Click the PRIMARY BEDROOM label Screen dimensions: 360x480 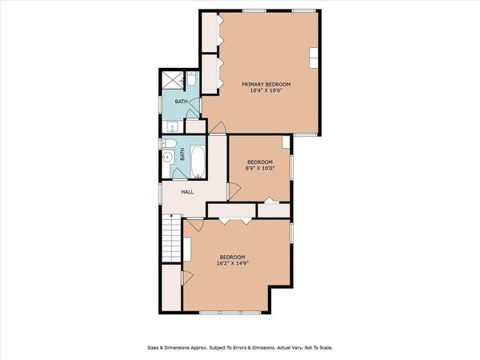[x=266, y=84]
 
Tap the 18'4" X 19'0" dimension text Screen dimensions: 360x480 [x=266, y=92]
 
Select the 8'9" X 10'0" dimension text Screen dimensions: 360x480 [x=260, y=168]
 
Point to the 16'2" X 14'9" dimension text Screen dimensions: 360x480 [x=231, y=263]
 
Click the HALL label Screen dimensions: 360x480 [x=187, y=192]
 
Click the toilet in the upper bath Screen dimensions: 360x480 [x=193, y=80]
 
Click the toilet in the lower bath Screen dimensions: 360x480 [x=169, y=145]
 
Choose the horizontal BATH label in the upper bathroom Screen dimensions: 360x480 [x=182, y=102]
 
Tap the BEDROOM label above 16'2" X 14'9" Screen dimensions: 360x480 [x=231, y=257]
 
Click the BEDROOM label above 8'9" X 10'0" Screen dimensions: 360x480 [x=260, y=162]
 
